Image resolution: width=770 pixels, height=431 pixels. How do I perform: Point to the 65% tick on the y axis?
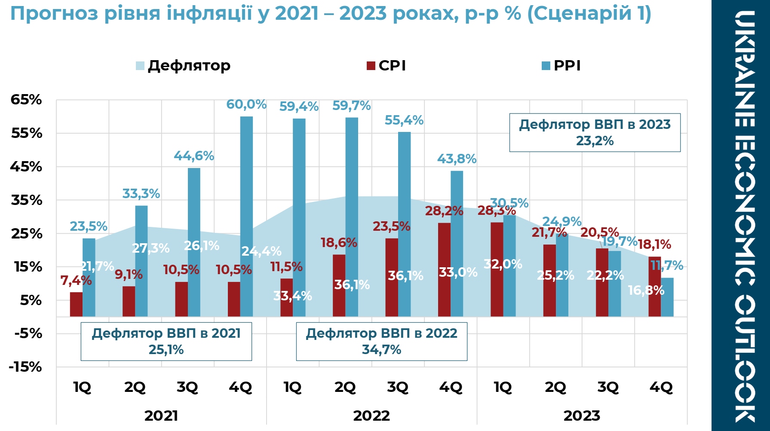point(26,100)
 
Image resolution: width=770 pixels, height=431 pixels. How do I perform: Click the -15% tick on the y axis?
point(25,367)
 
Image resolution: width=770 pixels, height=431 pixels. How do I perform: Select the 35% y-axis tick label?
point(26,200)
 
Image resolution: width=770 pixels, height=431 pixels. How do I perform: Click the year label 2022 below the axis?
point(371,416)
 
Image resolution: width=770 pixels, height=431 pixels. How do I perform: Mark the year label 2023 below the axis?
point(582,416)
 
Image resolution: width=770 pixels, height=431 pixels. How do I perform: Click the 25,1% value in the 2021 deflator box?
point(166,350)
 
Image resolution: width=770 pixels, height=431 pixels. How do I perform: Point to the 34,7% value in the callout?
point(381,350)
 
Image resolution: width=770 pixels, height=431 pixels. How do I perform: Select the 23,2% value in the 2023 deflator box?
point(595,141)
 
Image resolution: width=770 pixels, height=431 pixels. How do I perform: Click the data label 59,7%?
point(351,106)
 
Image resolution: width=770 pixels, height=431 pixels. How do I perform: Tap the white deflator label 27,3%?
point(150,248)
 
